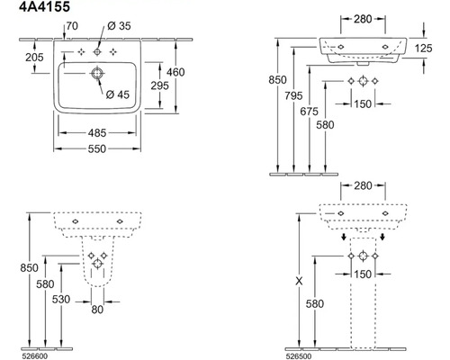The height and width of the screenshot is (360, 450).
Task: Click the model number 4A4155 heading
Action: pos(44,6)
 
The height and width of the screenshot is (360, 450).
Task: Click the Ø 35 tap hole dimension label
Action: pos(119,26)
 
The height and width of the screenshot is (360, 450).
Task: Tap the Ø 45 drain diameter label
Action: pos(118,94)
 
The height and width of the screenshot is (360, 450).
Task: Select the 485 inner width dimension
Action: pos(97,132)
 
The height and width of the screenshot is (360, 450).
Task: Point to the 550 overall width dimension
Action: pos(97,148)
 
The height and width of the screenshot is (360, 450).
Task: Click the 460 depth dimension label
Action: pos(175,72)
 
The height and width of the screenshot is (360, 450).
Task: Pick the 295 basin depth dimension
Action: pos(159,85)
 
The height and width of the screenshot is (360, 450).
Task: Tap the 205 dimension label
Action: pos(34,57)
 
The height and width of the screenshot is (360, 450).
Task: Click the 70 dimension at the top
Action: pos(72,26)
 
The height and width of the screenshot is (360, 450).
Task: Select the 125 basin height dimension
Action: pos(424,48)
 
